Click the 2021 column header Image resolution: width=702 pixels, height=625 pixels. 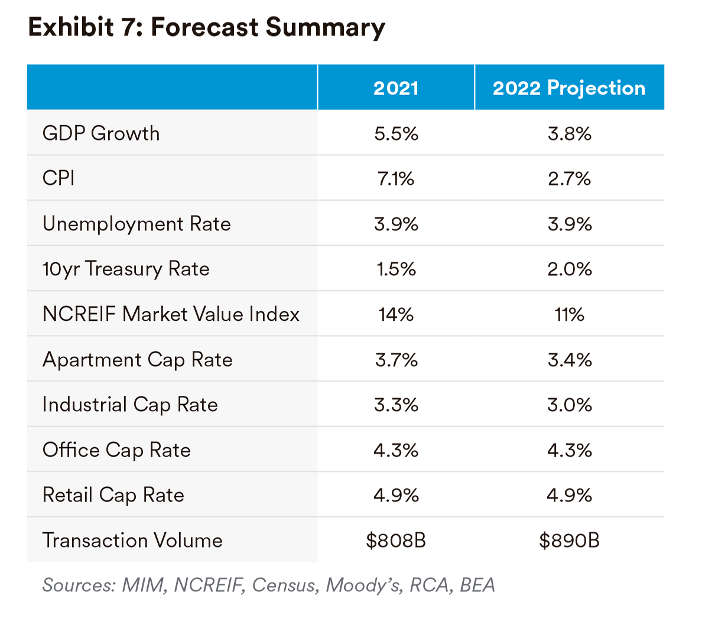pos(396,88)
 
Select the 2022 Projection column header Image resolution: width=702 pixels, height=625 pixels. pos(568,88)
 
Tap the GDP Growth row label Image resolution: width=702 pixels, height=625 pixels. pos(101,134)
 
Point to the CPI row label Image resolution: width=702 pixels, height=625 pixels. pos(58,178)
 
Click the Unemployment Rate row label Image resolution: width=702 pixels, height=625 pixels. pos(136,224)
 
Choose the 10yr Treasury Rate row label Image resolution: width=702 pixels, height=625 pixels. pos(126,269)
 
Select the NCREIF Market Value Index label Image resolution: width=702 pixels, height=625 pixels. pos(171,314)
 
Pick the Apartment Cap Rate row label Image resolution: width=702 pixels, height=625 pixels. pos(137,359)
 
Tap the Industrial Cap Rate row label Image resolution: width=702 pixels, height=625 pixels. pos(130,405)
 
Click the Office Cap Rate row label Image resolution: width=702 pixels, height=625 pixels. pos(116,450)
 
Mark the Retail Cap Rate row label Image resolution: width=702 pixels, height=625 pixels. pos(113,495)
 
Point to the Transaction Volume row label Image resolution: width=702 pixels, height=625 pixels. pos(132,541)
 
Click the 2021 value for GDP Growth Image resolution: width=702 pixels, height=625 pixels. pos(396,134)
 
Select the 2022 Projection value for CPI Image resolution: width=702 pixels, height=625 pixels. pos(568,178)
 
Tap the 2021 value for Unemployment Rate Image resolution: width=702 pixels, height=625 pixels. pos(396,224)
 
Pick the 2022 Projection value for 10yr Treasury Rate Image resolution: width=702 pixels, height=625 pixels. pos(568,269)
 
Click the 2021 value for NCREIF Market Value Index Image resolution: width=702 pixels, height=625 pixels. pos(396,314)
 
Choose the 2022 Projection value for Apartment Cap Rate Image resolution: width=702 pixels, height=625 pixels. pos(568,359)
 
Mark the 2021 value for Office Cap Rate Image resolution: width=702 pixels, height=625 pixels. pos(396,450)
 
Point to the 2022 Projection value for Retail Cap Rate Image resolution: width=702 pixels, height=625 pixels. pos(568,495)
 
